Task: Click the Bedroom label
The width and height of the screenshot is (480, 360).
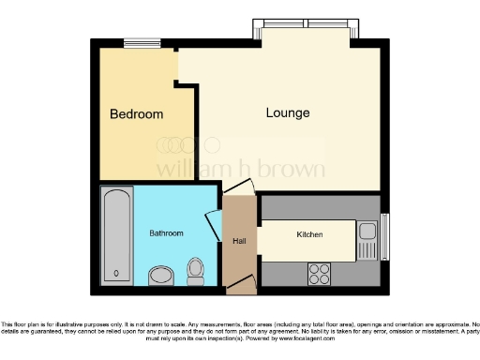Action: [136, 114]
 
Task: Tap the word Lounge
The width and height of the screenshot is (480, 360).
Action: [288, 113]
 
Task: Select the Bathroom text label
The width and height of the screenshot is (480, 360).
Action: [166, 232]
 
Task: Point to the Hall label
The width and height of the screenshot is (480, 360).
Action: [239, 241]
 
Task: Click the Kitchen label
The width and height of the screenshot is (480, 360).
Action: [310, 234]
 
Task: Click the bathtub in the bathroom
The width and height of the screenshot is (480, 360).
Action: [116, 235]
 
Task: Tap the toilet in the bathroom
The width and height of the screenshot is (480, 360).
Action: [196, 271]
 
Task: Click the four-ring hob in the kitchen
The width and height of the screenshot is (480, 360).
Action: [319, 273]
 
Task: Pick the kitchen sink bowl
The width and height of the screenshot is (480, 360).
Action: [367, 231]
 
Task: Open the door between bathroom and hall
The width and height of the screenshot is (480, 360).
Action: [214, 224]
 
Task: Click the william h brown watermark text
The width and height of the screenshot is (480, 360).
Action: [240, 170]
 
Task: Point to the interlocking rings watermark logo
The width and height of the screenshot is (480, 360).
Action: [187, 144]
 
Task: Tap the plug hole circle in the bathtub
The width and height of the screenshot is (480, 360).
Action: [116, 273]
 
